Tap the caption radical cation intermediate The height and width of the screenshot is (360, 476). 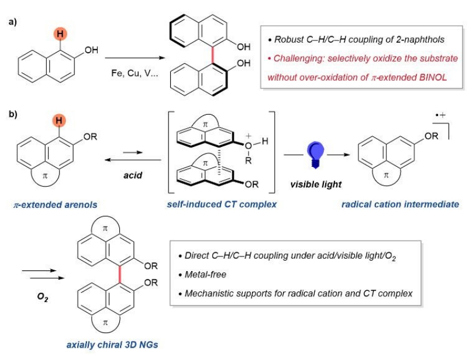[400, 204]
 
